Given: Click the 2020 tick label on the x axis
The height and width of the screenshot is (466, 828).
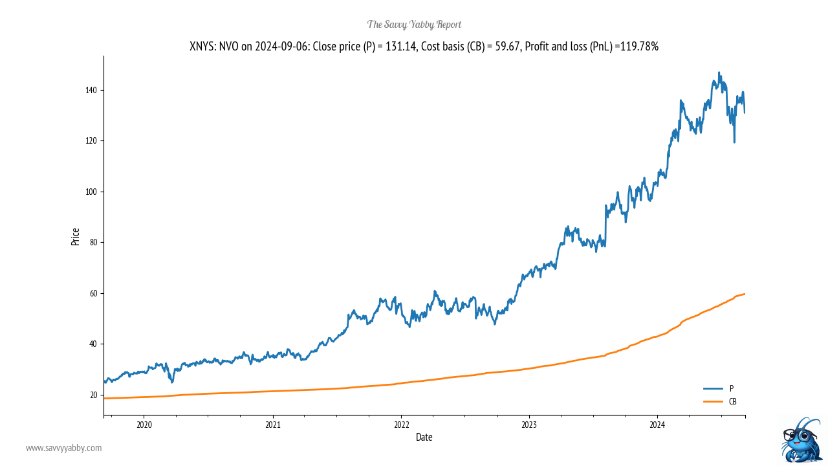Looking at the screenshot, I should click(x=144, y=425).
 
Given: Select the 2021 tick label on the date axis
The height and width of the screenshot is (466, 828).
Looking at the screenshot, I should click(x=273, y=425).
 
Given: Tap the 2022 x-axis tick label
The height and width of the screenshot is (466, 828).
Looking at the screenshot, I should click(x=401, y=425).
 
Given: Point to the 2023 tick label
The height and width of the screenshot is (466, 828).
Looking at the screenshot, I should click(x=529, y=425).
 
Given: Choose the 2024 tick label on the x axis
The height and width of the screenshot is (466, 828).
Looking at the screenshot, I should click(x=657, y=425).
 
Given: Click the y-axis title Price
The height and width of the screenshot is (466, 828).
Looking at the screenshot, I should click(x=76, y=236).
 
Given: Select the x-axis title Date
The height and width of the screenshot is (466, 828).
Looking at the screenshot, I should click(x=424, y=438).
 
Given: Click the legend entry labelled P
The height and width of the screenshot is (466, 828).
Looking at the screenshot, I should click(x=732, y=388).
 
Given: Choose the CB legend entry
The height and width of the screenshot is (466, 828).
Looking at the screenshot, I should click(x=733, y=401).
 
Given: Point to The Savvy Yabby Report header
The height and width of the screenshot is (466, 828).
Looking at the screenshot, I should click(x=414, y=25).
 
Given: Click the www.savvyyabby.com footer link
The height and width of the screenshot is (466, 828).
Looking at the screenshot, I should click(x=64, y=448).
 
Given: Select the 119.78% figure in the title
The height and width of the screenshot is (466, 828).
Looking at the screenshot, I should click(x=639, y=47).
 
